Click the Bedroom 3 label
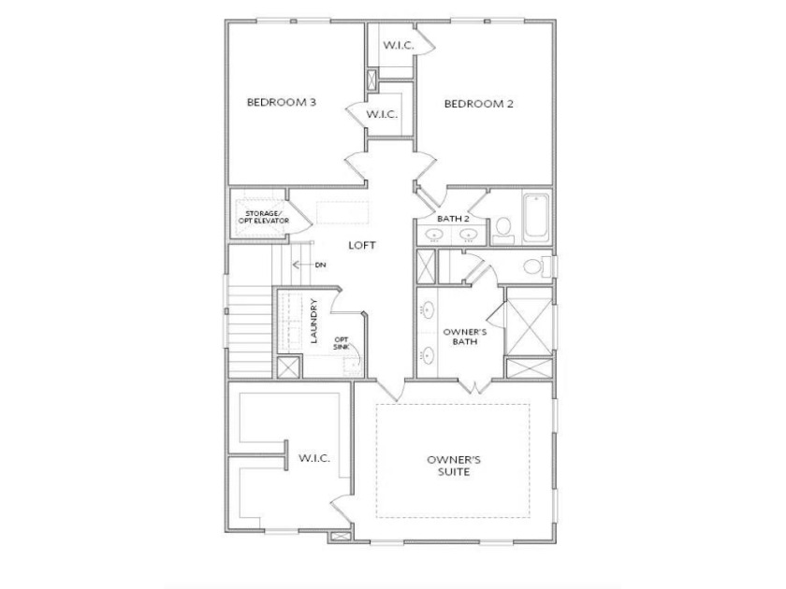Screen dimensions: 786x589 pos(282,103)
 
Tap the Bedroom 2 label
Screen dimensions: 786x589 pos(479,104)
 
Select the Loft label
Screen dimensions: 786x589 pos(362,245)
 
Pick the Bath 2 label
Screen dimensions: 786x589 pos(453,219)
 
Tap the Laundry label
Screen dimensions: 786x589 pos(314,321)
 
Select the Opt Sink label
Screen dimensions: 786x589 pos(342,343)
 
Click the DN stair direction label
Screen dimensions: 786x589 pos(321,265)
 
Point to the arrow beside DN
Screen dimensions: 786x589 pos(301,265)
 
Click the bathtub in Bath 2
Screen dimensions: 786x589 pos(536,218)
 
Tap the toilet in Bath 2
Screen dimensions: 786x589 pos(502,230)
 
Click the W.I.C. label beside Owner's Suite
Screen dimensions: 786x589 pos(314,458)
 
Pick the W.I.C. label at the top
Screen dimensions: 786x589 pos(399,46)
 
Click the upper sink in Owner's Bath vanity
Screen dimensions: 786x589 pos(428,310)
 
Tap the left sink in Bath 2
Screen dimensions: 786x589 pos(434,234)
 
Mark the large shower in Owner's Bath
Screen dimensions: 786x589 pos(529,326)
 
